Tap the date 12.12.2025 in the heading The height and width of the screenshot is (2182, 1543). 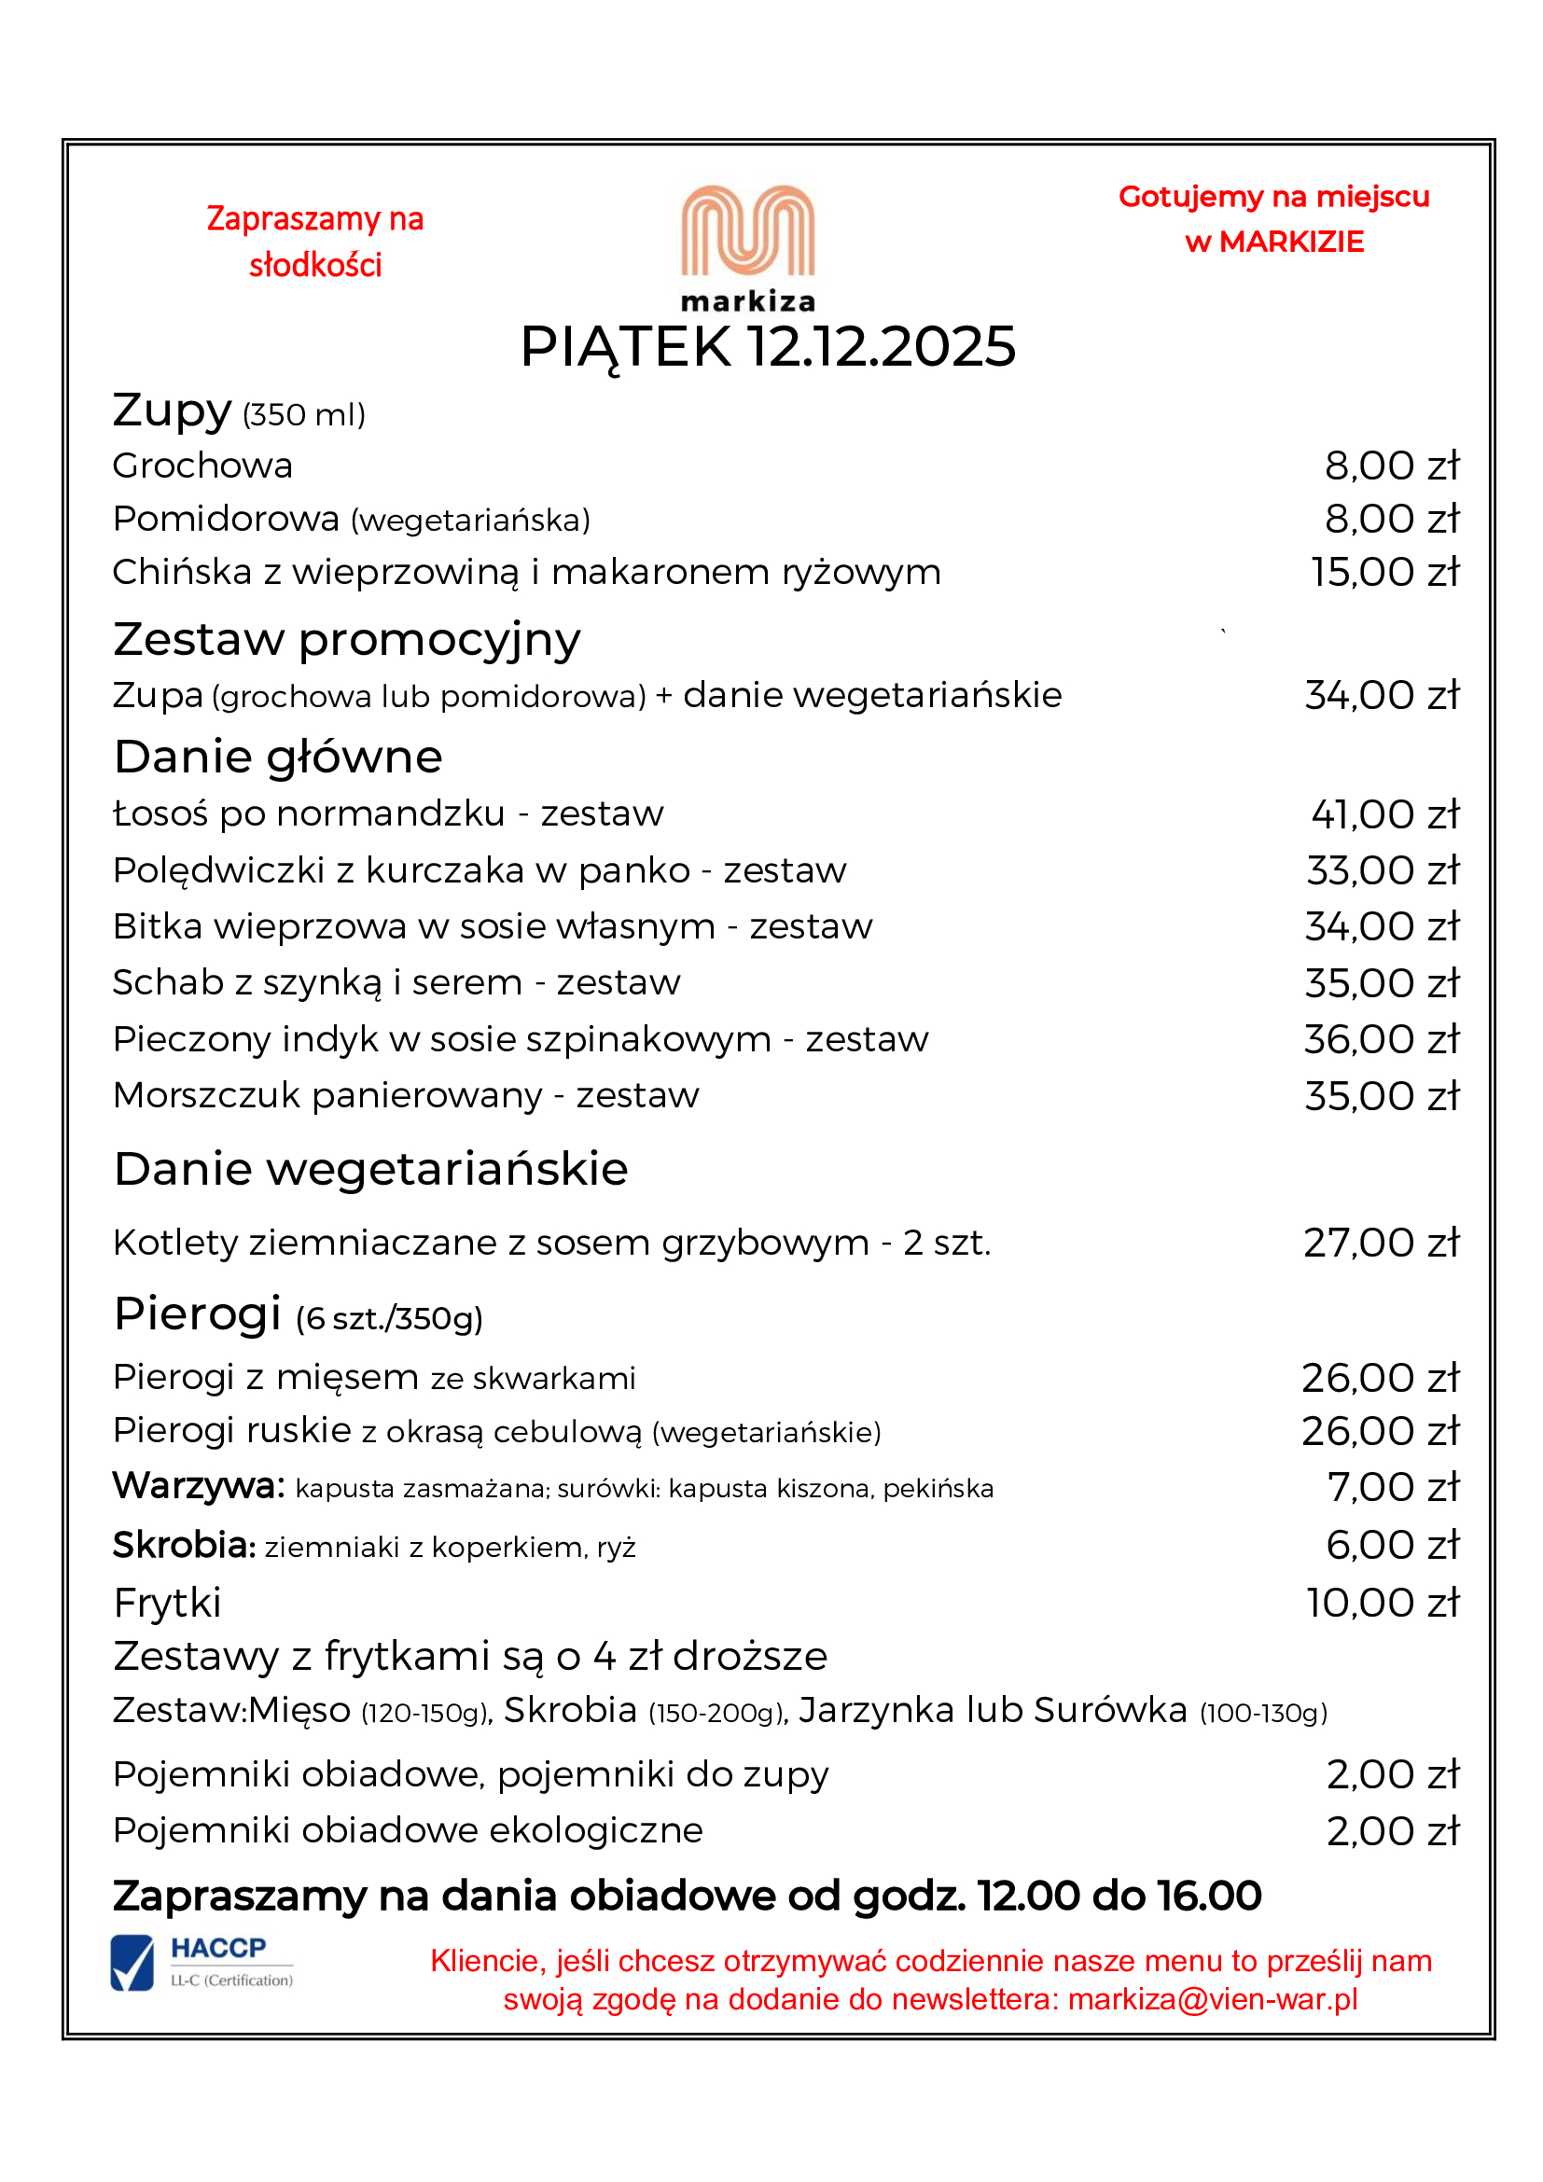881,347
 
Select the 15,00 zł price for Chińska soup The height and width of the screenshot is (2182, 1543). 1384,572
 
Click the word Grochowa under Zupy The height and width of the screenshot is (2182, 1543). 202,466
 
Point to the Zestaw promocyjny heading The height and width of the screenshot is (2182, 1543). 347,640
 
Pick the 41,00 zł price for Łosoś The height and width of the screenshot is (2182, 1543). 1384,814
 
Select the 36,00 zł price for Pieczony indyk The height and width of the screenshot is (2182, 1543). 1381,1039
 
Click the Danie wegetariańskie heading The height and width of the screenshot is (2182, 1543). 370,1169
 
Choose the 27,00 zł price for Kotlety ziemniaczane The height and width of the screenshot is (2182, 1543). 1381,1243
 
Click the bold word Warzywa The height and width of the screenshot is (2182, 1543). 199,1485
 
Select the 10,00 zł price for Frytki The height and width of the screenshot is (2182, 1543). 1383,1604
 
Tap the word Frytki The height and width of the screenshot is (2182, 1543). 167,1604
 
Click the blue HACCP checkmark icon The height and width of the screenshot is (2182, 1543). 132,1964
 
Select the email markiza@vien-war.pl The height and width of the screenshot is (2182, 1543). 1213,1998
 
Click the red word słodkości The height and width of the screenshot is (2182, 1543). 315,265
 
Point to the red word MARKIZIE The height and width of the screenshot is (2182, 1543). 1291,243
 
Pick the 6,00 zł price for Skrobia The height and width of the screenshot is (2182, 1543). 1392,1545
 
